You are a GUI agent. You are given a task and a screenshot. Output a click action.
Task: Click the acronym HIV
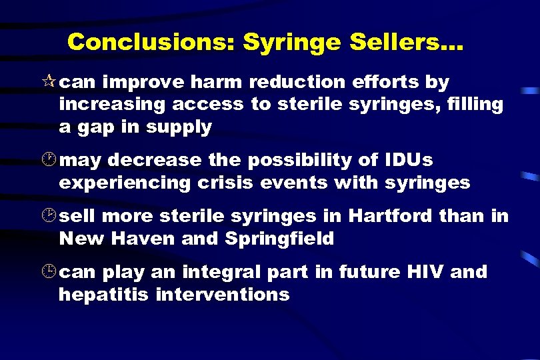pyautogui.click(x=423, y=273)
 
